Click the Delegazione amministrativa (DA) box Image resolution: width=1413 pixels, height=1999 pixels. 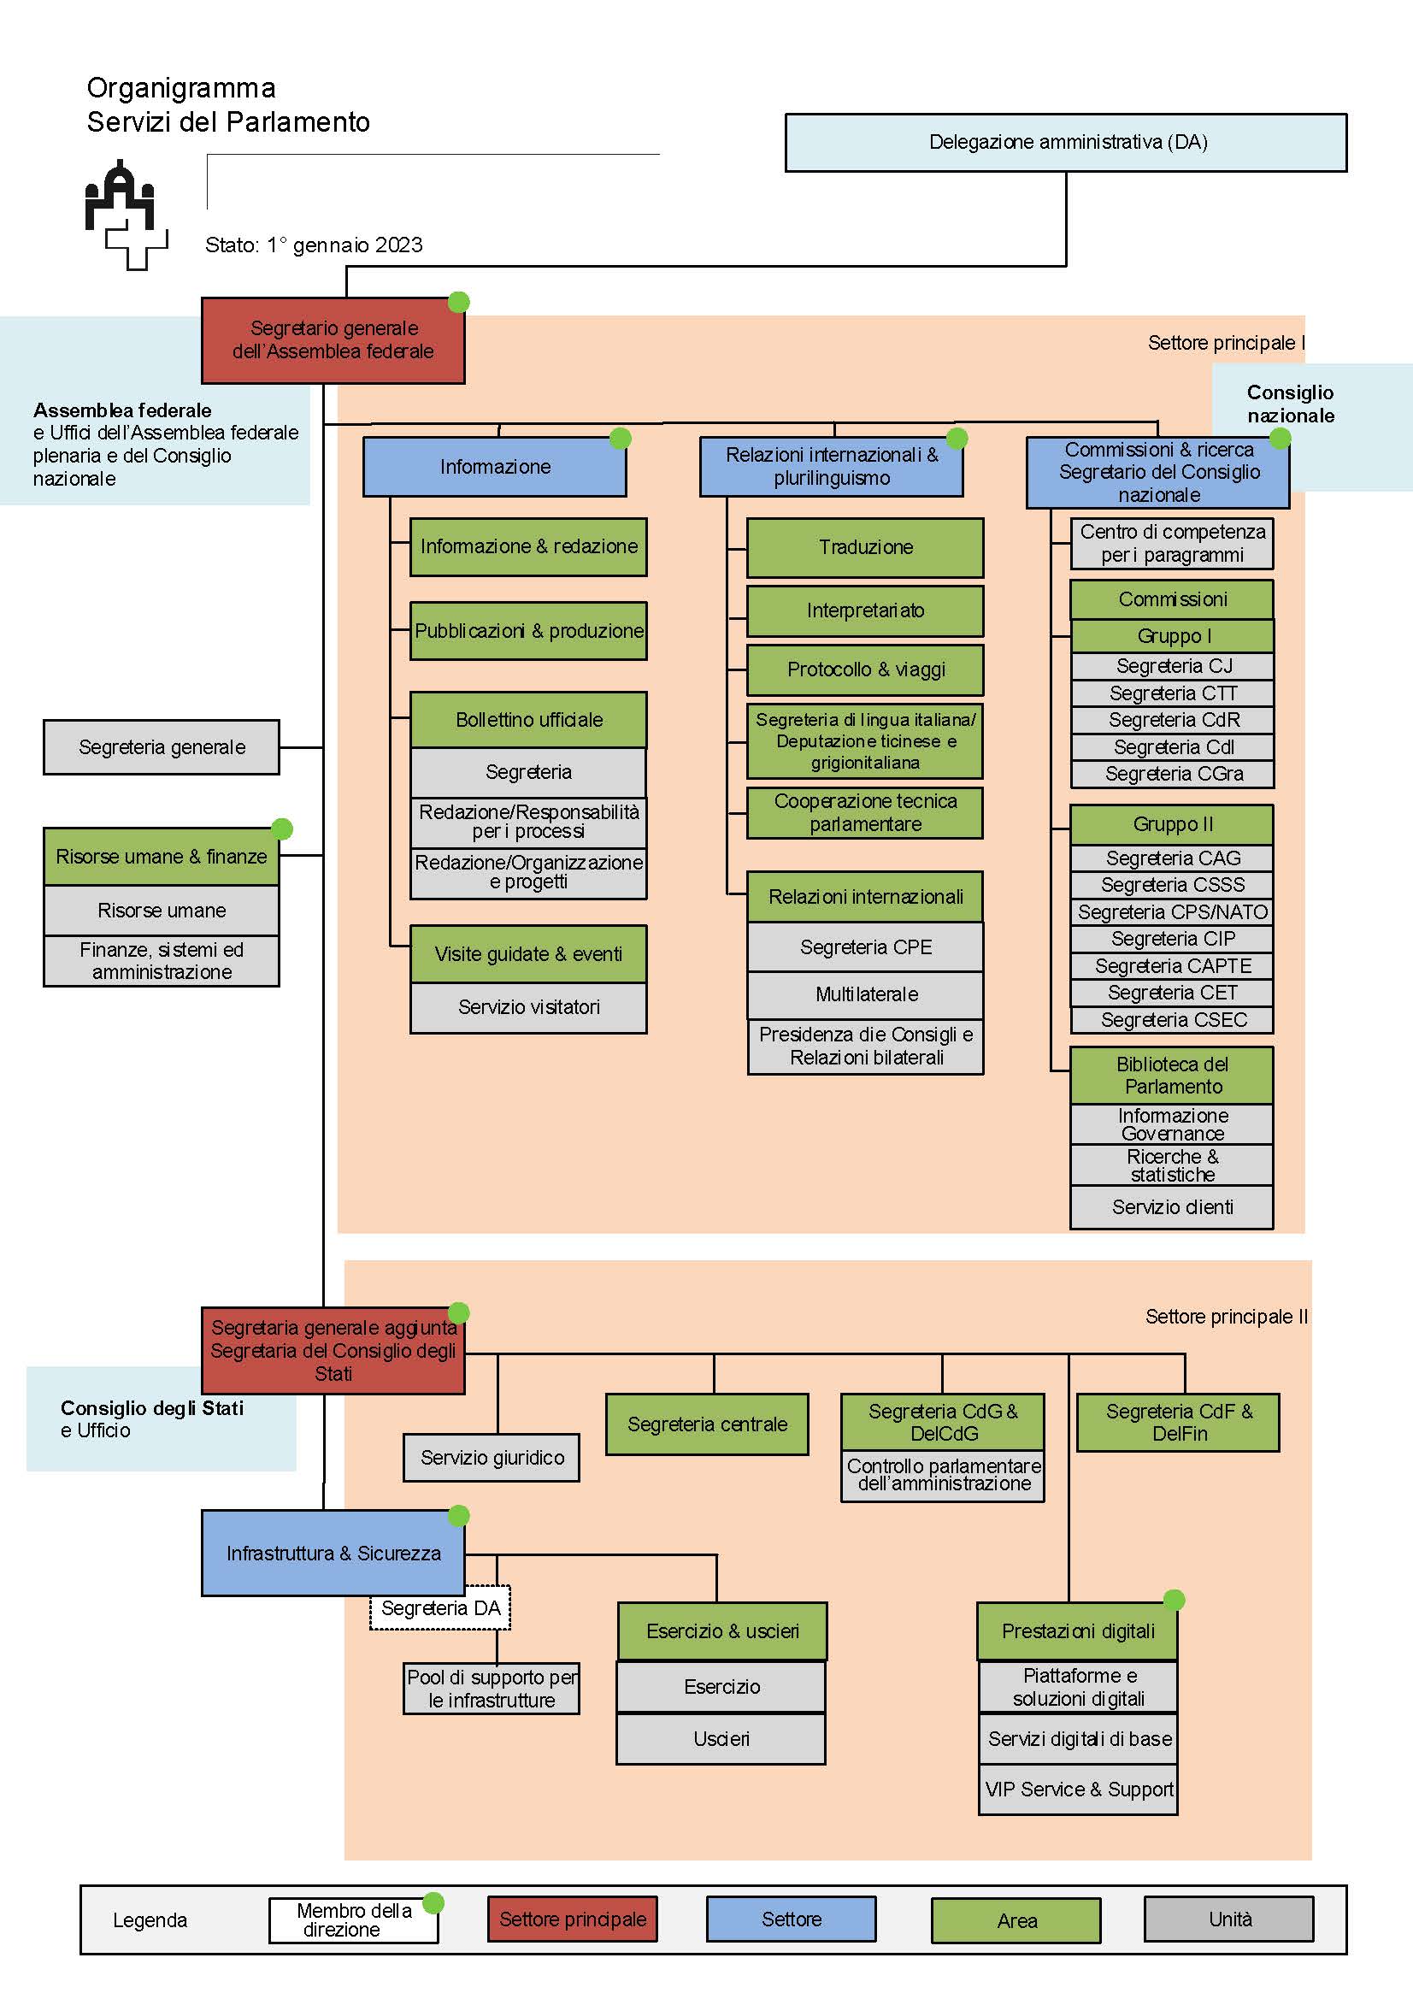pyautogui.click(x=1066, y=142)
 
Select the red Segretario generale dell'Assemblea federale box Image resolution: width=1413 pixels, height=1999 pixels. pyautogui.click(x=333, y=340)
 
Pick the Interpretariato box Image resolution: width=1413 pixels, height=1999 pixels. pyautogui.click(x=865, y=610)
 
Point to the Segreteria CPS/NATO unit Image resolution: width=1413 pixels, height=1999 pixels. pyautogui.click(x=1172, y=911)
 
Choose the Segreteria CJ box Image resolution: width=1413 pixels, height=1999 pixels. pyautogui.click(x=1172, y=666)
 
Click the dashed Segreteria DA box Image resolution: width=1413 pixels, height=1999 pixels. pyautogui.click(x=440, y=1608)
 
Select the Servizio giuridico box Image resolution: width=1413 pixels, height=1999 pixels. pyautogui.click(x=492, y=1458)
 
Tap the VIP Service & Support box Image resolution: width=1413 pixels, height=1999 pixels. pyautogui.click(x=1079, y=1790)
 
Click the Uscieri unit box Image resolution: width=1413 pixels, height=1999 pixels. pyautogui.click(x=721, y=1739)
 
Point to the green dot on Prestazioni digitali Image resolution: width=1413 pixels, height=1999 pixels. pyautogui.click(x=1175, y=1600)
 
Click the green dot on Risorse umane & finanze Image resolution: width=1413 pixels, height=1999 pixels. pyautogui.click(x=282, y=828)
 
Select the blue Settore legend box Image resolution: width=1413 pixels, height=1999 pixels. pyautogui.click(x=792, y=1919)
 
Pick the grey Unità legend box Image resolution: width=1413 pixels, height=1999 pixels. pyautogui.click(x=1229, y=1919)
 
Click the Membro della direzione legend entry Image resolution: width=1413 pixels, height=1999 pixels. pyautogui.click(x=354, y=1919)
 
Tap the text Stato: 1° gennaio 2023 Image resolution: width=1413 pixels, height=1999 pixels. pyautogui.click(x=315, y=245)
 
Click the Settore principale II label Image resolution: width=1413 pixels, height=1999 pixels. pyautogui.click(x=1227, y=1317)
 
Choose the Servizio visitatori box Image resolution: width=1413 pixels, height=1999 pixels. pyautogui.click(x=528, y=1007)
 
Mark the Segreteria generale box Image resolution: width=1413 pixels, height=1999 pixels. pyautogui.click(x=162, y=747)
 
